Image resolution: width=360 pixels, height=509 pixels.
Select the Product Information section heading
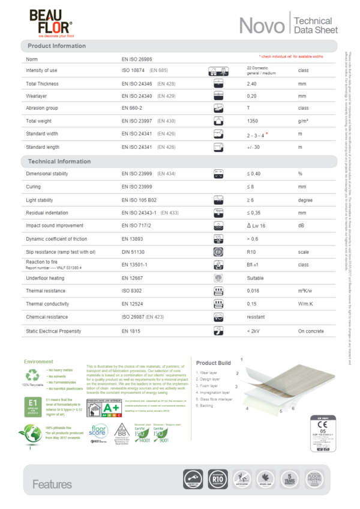coord(57,46)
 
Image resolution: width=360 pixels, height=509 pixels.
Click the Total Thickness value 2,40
coord(252,84)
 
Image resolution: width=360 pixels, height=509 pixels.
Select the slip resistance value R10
coord(251,252)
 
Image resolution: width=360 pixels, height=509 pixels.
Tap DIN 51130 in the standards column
coord(133,252)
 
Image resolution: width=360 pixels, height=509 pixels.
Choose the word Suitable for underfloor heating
coord(255,279)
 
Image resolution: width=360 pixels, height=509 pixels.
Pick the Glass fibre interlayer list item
coord(216,399)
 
